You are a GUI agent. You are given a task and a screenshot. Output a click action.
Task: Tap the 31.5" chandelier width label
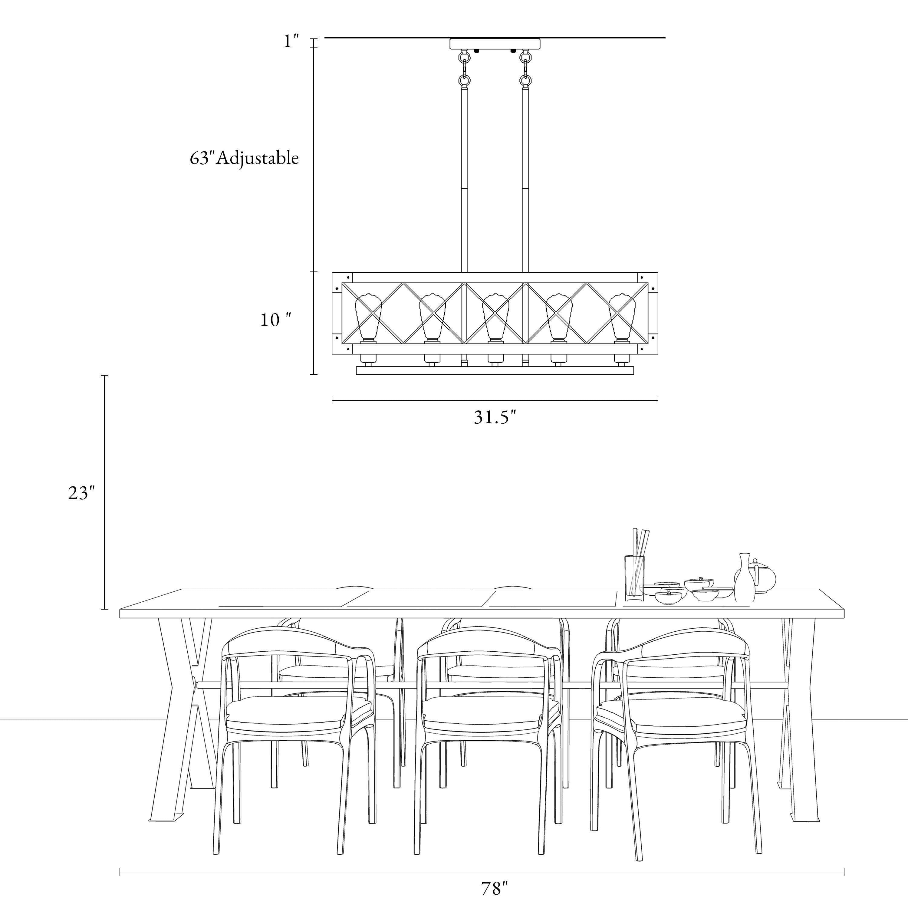pyautogui.click(x=495, y=417)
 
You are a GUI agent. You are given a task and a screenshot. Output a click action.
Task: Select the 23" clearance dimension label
pyautogui.click(x=81, y=492)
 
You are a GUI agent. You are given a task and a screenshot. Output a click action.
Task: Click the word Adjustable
pyautogui.click(x=258, y=158)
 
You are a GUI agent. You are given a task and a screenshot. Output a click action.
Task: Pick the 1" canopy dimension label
pyautogui.click(x=291, y=41)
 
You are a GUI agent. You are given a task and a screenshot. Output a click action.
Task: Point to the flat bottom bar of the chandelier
pyautogui.click(x=495, y=371)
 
